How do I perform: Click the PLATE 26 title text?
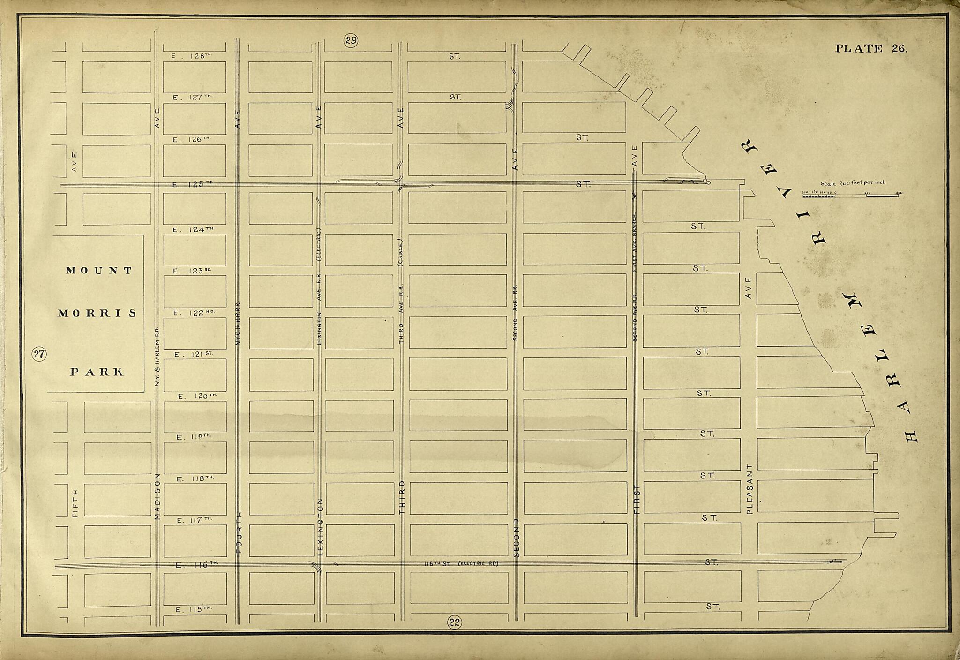point(871,48)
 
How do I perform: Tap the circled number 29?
point(351,40)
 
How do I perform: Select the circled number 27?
point(38,354)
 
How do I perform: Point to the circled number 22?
point(454,622)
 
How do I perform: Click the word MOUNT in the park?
point(99,271)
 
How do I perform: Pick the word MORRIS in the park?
point(97,313)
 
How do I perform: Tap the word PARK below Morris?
point(97,372)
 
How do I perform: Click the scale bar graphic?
point(852,195)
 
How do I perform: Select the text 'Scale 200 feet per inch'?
point(853,182)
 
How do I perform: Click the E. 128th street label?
point(192,56)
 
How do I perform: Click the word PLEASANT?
point(749,489)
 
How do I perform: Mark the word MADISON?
point(157,496)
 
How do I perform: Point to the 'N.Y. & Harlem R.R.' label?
point(157,357)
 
